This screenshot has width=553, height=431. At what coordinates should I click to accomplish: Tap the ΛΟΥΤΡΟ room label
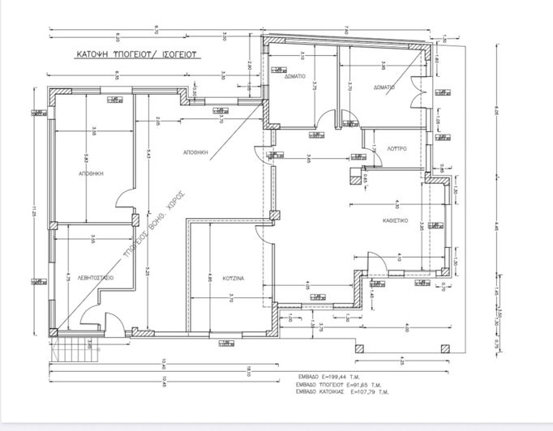395,149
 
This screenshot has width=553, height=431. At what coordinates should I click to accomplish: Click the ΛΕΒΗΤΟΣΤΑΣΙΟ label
96,278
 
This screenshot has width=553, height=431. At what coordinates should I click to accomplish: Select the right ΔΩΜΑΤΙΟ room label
384,87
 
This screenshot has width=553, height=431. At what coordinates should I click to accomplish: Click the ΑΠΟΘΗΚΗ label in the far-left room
89,173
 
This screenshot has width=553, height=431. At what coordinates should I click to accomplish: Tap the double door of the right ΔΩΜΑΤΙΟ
418,90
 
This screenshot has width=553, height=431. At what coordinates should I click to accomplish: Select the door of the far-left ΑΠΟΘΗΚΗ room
124,198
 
